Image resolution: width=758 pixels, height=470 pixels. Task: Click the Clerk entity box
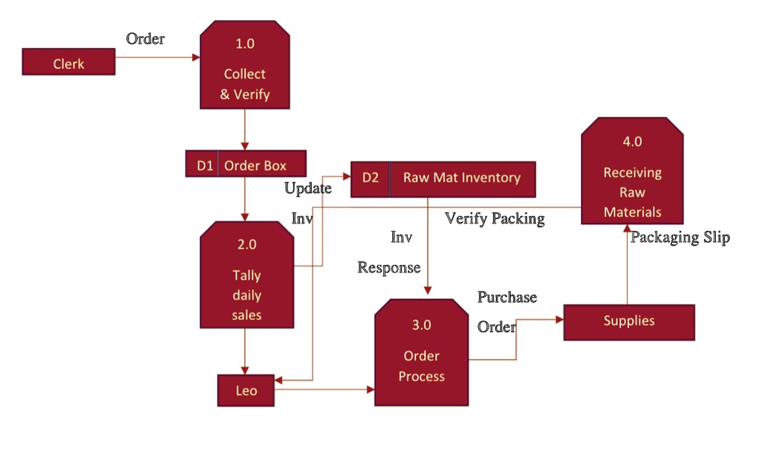click(x=69, y=62)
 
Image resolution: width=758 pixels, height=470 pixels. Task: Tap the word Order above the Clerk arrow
click(x=145, y=38)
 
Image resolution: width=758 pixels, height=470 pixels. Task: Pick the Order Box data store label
click(x=255, y=164)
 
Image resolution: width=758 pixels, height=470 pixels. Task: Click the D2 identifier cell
click(x=370, y=178)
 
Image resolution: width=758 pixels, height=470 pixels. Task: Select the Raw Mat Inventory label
click(x=461, y=178)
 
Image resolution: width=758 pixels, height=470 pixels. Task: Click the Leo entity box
click(x=246, y=390)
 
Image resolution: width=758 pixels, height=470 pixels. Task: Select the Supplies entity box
click(x=628, y=321)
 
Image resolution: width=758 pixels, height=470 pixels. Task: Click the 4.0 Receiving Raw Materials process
click(x=632, y=175)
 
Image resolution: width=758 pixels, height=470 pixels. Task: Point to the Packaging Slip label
click(x=680, y=238)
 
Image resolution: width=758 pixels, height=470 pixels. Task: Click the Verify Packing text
click(x=494, y=218)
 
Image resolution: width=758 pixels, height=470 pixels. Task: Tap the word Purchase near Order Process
click(x=506, y=298)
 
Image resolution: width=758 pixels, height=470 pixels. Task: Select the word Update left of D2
click(x=308, y=188)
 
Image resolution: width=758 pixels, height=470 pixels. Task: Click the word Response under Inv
click(x=389, y=267)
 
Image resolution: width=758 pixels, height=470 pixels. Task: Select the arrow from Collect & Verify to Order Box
click(x=245, y=130)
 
